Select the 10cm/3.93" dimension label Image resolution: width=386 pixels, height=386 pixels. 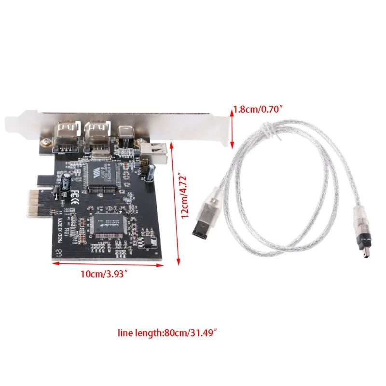[104, 274]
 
